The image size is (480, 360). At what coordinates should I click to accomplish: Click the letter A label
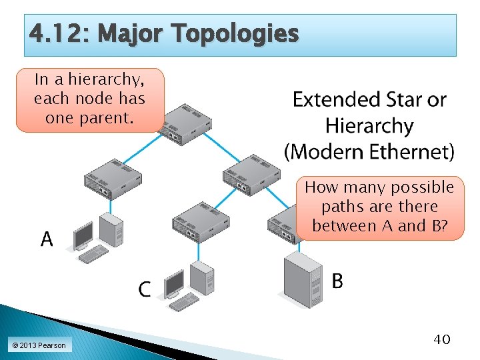pos(47,239)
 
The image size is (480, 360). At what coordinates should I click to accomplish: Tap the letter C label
pos(145,289)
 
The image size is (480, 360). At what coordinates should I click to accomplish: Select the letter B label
pos(337,282)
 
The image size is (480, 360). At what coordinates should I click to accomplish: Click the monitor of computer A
pos(83,235)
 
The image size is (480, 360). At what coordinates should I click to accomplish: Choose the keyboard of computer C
pos(184,302)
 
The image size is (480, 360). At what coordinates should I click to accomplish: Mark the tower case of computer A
pos(111,229)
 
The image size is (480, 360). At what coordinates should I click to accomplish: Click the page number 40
pos(442,339)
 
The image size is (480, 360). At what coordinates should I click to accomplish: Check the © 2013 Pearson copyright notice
pos(38,345)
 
